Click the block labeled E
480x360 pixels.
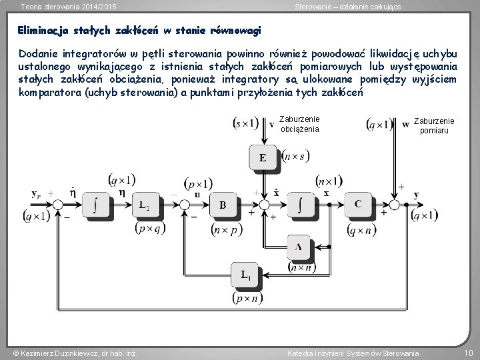(263, 157)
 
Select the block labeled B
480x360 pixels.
(223, 205)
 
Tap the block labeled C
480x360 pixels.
(358, 205)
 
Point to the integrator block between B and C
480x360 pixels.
(301, 205)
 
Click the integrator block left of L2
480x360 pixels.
(97, 205)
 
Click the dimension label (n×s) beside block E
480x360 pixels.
(295, 157)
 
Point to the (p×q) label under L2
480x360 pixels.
(147, 228)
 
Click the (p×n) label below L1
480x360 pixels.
(246, 298)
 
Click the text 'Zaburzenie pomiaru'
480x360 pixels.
(434, 126)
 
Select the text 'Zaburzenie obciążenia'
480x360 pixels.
(299, 124)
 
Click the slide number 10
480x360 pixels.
(467, 352)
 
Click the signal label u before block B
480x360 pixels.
(197, 194)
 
